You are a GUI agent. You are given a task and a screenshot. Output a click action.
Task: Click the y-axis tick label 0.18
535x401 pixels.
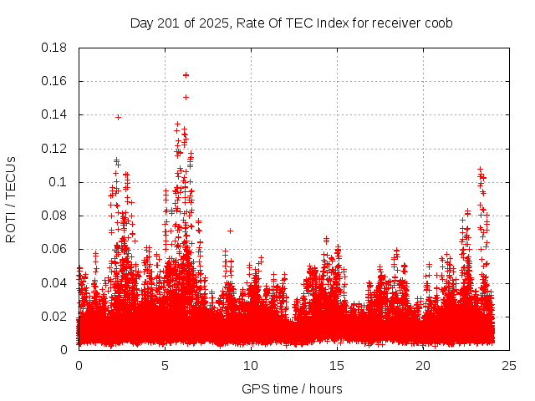(54, 48)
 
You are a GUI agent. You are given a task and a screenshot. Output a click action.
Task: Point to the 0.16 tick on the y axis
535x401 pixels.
(54, 81)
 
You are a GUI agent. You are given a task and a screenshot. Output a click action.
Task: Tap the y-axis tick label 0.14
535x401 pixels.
(54, 114)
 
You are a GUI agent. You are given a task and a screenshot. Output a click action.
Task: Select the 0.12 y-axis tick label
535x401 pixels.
(54, 149)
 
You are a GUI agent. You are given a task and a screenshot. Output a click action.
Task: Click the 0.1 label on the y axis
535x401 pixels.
(58, 182)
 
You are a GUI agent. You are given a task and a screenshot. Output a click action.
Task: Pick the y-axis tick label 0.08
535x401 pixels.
(54, 216)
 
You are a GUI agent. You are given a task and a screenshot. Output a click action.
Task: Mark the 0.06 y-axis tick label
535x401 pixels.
(54, 249)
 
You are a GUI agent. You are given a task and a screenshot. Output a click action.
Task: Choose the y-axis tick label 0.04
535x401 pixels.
(54, 282)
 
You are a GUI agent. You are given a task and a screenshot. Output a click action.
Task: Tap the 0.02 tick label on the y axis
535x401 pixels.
(54, 316)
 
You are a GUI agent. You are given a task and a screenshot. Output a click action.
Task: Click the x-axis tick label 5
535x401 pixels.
(165, 365)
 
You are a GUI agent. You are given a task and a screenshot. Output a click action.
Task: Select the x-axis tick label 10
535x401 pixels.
(251, 365)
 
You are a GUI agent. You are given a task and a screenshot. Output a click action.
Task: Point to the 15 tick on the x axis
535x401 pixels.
(337, 365)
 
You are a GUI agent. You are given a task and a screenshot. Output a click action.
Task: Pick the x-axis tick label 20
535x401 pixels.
(423, 365)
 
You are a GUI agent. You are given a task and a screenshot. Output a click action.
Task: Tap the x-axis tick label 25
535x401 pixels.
(509, 365)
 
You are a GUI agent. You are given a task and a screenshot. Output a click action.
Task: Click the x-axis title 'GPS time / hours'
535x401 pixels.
(292, 388)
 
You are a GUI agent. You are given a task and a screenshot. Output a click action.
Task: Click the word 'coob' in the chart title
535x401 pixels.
(438, 23)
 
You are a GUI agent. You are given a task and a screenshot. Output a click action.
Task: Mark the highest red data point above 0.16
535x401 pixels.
(186, 75)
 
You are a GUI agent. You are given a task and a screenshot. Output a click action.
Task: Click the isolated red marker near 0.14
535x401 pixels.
(118, 117)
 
